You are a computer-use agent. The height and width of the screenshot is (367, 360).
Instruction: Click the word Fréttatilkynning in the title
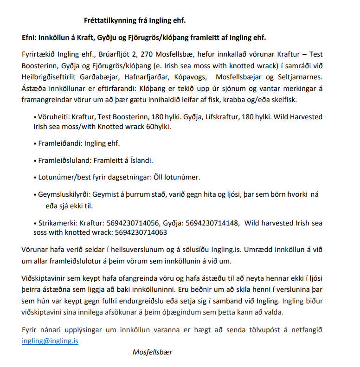click(x=110, y=20)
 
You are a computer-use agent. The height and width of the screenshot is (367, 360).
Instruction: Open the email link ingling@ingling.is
click(x=50, y=341)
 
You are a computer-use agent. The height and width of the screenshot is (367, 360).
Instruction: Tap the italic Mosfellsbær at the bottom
click(x=152, y=352)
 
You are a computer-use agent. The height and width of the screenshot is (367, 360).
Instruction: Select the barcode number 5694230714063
click(x=141, y=232)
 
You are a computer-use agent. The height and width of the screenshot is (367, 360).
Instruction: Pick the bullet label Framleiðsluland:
click(x=64, y=161)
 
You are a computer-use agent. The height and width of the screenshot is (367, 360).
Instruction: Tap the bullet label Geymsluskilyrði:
click(x=64, y=195)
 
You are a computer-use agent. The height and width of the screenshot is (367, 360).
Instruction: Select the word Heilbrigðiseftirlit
click(x=51, y=76)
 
